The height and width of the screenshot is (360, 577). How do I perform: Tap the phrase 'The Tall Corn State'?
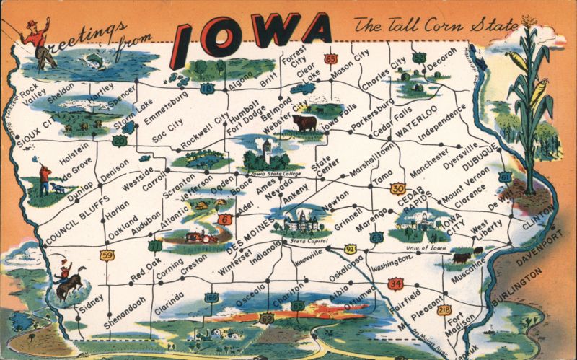coord(435,25)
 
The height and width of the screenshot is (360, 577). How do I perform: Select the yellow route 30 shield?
coord(397,188)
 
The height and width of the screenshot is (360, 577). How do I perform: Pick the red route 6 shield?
coord(226,219)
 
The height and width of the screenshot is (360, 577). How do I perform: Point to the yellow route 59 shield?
coord(107,255)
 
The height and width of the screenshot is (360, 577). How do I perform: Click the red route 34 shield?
coord(395,284)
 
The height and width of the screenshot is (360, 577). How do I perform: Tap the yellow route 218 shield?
coord(444,309)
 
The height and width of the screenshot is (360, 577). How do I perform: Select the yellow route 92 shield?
coord(351,249)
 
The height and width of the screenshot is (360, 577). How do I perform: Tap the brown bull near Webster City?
coord(304,123)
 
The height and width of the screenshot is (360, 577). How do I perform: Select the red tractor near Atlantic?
coord(195,235)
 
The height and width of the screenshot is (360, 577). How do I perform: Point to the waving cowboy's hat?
coord(32,23)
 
